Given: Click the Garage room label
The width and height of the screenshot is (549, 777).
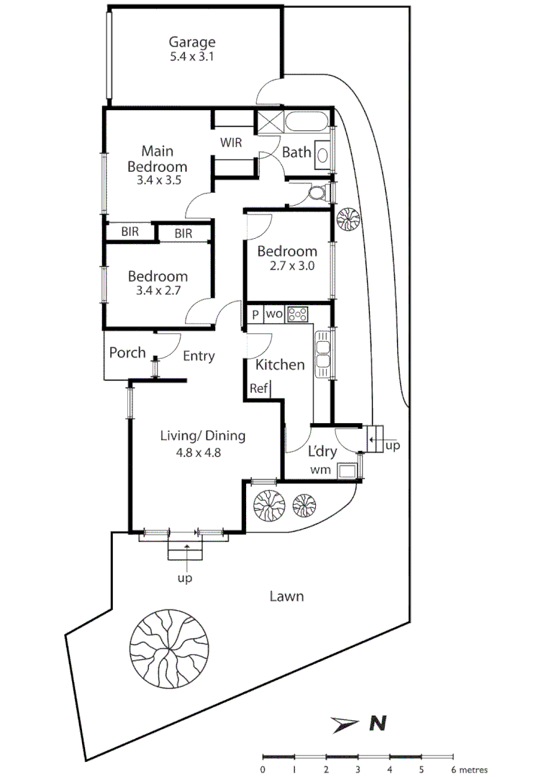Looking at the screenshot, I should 192,42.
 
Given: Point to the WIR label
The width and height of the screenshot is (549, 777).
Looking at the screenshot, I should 231,143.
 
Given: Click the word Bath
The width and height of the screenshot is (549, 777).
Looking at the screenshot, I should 296,153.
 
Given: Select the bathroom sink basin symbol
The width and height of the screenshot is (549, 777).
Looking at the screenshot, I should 323,153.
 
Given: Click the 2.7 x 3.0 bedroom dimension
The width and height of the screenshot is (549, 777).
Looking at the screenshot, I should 286,265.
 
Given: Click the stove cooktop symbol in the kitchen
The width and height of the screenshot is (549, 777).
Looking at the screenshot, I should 297,314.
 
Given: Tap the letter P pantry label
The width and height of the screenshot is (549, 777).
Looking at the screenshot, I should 255,314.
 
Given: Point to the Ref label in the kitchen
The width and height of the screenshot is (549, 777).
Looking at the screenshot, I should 258,388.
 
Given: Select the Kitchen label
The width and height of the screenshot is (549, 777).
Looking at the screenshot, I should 280,365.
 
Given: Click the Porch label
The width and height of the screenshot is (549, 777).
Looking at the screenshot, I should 127,353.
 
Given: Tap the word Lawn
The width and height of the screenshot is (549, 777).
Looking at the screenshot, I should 286,596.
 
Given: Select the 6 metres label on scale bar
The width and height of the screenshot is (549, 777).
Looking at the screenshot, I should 468,768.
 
